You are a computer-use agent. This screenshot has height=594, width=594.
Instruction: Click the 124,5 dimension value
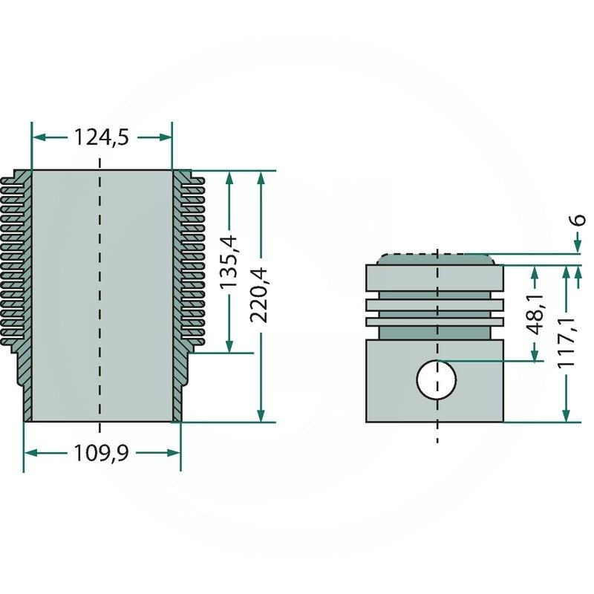coord(101,137)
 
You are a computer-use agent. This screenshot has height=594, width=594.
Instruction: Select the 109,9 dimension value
coord(101,453)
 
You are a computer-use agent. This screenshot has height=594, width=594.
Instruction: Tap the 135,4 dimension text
coord(229,261)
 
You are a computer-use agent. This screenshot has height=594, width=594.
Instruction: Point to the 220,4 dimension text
coord(259,295)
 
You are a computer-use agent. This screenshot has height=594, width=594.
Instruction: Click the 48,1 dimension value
coord(535,314)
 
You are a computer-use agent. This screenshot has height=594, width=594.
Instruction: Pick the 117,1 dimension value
coord(566,342)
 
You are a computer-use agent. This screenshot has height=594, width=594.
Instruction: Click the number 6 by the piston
coord(580,220)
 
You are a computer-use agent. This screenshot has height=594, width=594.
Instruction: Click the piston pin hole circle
coord(437,379)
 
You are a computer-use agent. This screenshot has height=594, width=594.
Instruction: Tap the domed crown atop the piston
coord(436,259)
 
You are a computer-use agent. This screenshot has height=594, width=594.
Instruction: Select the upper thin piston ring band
coord(434,305)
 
